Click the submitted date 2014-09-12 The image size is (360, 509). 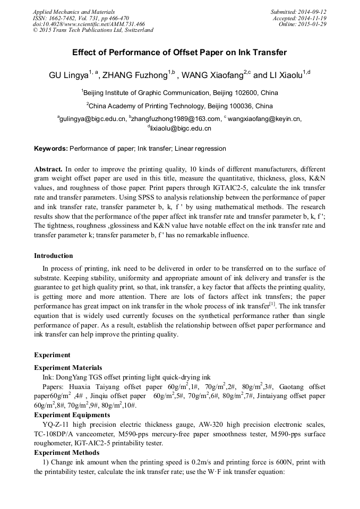pos(312,12)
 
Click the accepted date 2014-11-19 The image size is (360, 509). pos(312,18)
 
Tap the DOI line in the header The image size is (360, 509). pos(89,24)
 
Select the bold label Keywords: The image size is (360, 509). pos(51,149)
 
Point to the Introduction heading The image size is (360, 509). pos(54,256)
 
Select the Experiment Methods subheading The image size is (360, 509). pos(66,452)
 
